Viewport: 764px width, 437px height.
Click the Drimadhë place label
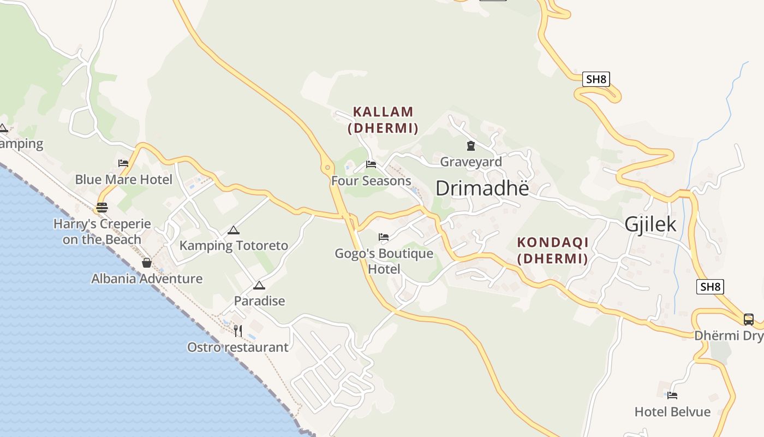point(482,188)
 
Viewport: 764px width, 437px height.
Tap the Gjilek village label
point(650,225)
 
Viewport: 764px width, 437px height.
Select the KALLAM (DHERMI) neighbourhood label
point(383,120)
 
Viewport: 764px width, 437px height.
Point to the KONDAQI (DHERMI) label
point(552,250)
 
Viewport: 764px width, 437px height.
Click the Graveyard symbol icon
point(470,146)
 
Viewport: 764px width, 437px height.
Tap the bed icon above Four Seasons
point(371,164)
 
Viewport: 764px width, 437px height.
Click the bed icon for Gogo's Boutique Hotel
point(384,237)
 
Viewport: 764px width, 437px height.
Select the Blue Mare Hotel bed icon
point(123,163)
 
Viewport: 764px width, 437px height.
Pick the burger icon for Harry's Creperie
point(102,208)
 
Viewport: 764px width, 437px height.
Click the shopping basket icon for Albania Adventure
point(147,263)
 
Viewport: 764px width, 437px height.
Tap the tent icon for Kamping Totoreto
point(234,230)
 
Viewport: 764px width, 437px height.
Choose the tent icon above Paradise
point(259,285)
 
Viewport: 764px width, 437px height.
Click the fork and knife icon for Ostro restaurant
point(238,330)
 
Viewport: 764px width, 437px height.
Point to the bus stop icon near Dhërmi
point(748,320)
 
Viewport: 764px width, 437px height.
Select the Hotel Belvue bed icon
point(672,395)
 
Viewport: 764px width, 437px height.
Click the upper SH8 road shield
point(595,79)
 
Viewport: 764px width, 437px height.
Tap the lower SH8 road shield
point(710,287)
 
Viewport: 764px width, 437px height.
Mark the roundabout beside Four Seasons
point(327,167)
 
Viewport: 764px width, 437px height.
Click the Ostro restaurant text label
point(238,347)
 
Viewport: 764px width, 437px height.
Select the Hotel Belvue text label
point(672,412)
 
